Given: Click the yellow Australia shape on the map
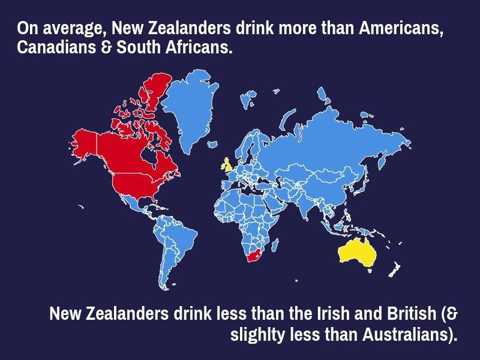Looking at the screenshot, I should point(358,252).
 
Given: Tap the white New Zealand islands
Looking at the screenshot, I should point(394,269).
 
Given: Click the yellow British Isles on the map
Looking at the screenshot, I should point(229,165).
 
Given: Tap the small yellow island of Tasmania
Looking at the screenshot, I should point(370,271).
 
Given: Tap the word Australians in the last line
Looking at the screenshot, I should point(405,334).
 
